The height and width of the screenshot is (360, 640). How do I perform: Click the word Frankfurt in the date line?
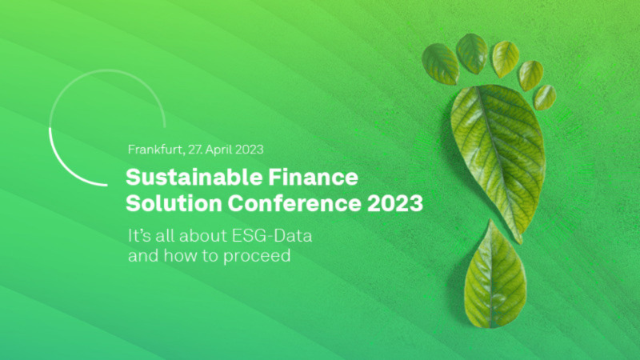[x=155, y=150]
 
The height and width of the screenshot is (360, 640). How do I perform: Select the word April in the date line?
[x=218, y=150]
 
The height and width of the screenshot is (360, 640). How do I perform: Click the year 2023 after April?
[x=250, y=150]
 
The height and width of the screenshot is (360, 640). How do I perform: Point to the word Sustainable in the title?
[x=194, y=177]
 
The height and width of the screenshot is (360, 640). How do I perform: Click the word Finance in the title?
[x=313, y=177]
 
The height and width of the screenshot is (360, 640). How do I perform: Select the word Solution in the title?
[x=174, y=203]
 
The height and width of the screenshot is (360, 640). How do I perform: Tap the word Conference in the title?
[x=294, y=203]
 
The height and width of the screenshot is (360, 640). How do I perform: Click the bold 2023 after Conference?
[x=394, y=203]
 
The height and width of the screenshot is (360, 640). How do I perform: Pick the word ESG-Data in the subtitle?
[x=272, y=236]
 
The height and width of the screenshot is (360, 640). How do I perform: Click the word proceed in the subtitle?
[x=257, y=256]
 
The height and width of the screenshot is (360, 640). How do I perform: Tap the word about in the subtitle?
[x=203, y=236]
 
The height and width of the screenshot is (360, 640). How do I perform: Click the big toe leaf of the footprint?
[x=441, y=64]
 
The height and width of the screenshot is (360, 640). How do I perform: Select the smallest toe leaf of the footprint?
[x=545, y=97]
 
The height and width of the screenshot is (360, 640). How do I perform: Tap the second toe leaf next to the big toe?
[x=472, y=54]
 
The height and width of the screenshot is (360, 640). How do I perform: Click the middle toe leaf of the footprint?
[x=506, y=59]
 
